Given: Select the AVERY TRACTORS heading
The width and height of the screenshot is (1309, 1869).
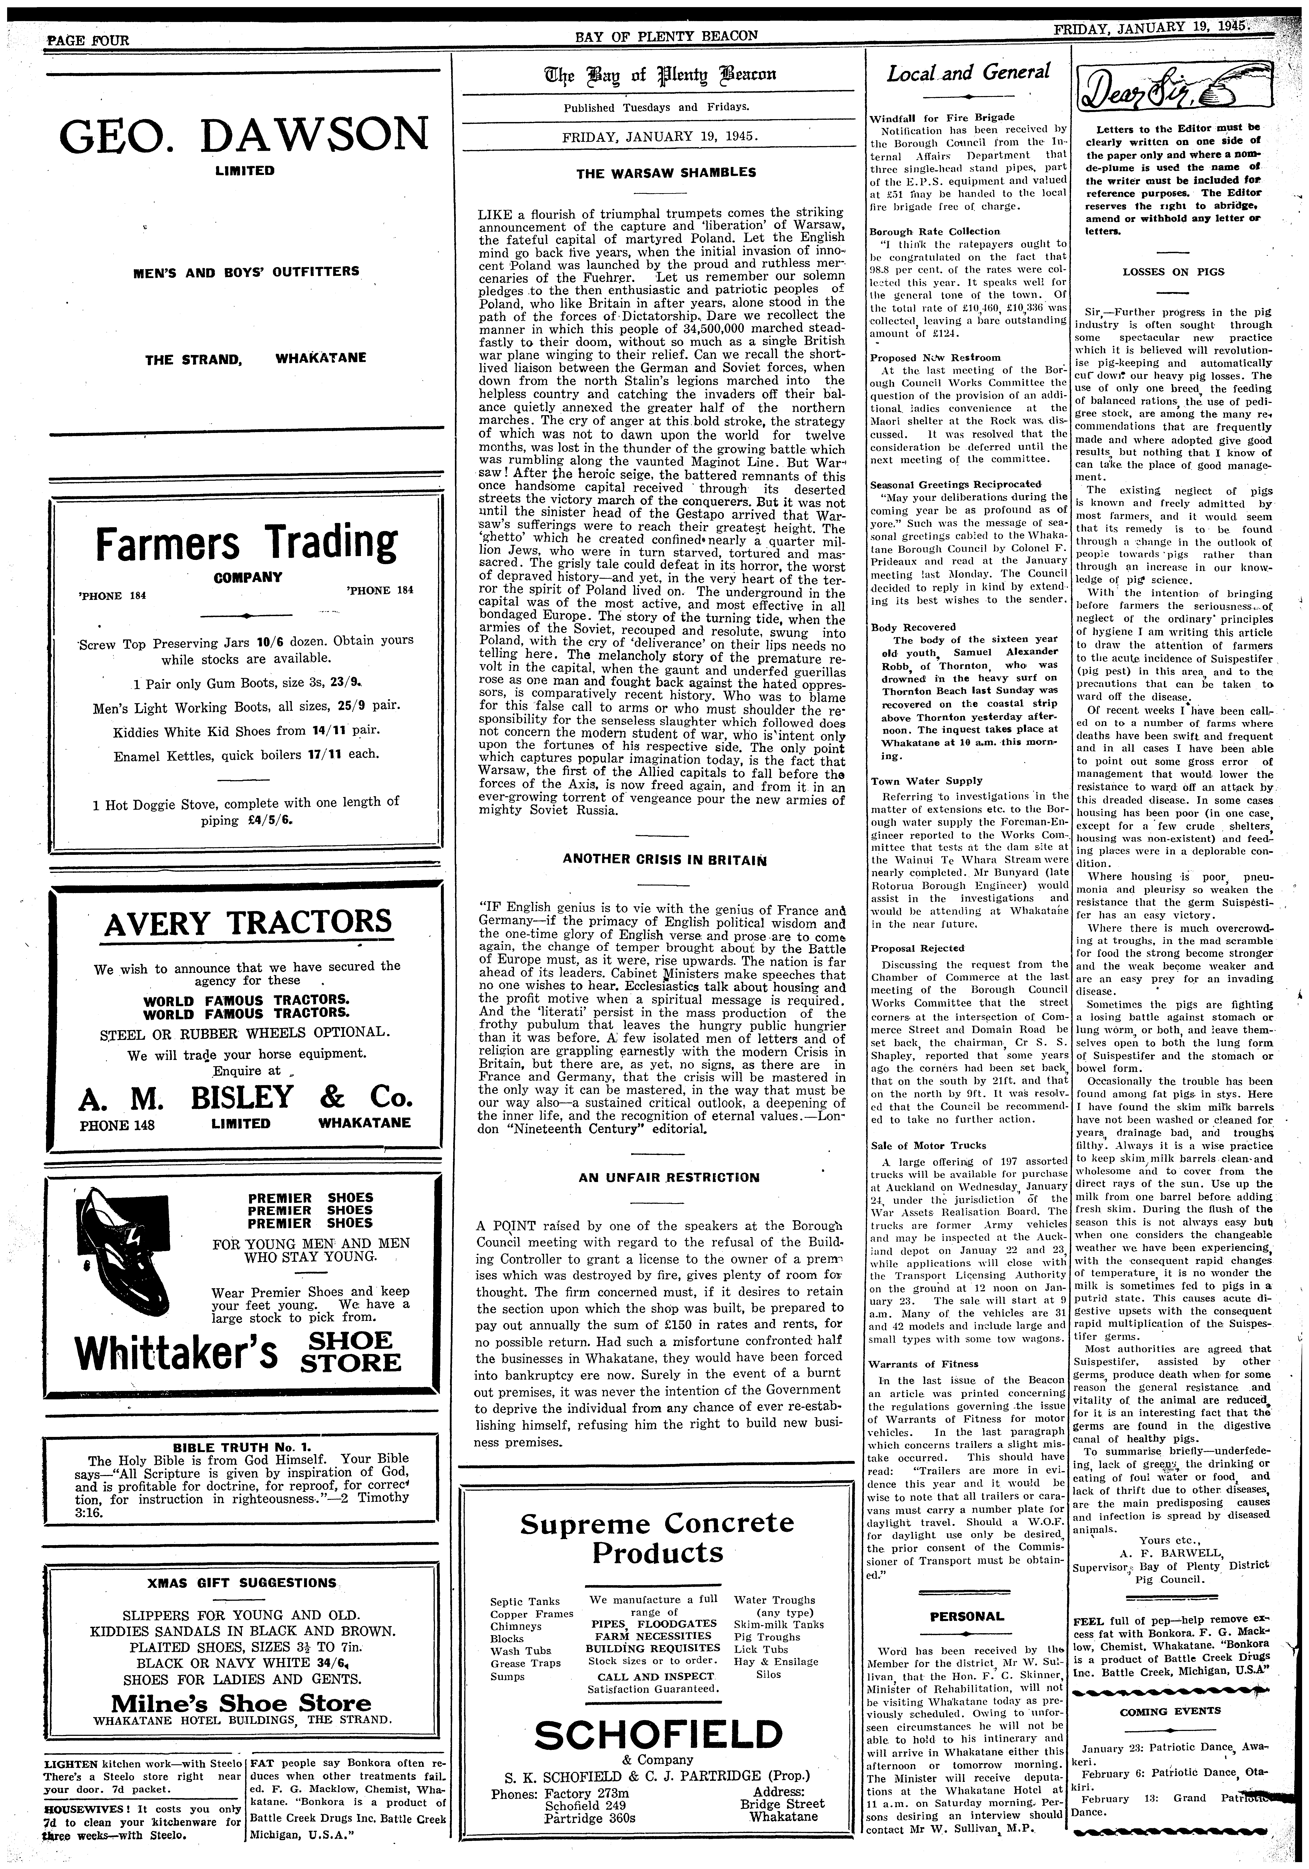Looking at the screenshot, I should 248,922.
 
